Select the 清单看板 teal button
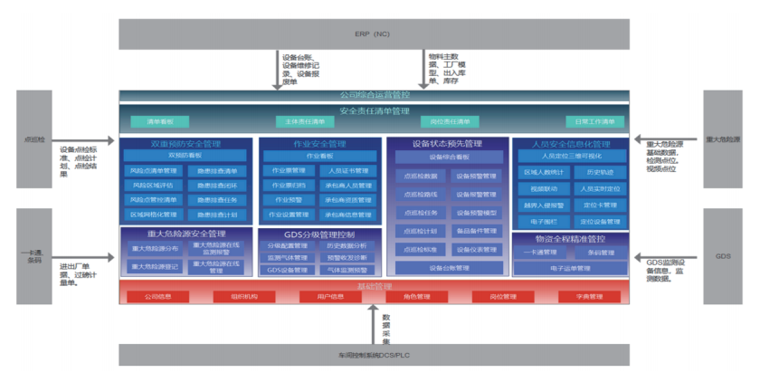[159, 121]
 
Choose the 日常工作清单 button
[594, 121]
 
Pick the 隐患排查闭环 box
[217, 185]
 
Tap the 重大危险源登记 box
[155, 266]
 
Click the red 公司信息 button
[158, 296]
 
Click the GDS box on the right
[722, 256]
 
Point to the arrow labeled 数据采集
[373, 324]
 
